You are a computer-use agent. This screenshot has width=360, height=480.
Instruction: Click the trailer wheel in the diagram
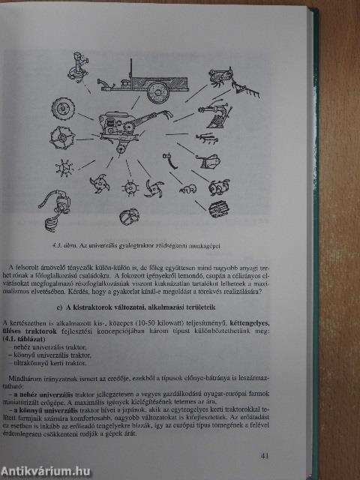(x=158, y=91)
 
